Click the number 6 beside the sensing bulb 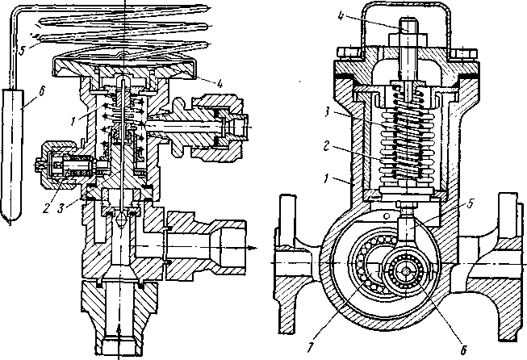tap(41, 92)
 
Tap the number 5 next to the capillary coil tap(22, 49)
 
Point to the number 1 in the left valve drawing tap(73, 122)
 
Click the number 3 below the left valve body tap(61, 208)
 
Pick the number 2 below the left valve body tap(46, 208)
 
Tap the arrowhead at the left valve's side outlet tap(253, 248)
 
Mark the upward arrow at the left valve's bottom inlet tap(118, 331)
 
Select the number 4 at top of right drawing tap(341, 16)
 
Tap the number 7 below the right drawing tap(311, 347)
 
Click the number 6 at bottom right tap(463, 350)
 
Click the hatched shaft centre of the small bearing tap(406, 271)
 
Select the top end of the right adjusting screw tap(408, 19)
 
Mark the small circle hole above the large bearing tap(387, 216)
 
